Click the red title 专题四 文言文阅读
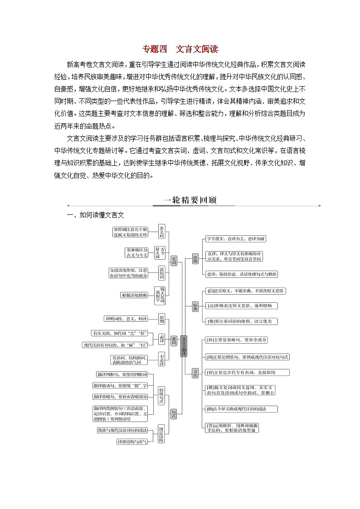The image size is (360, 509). [180, 49]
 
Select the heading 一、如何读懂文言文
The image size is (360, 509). [95, 215]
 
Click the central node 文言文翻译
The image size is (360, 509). [184, 347]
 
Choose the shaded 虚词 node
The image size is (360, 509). [174, 340]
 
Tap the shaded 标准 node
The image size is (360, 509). [195, 305]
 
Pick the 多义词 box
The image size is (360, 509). [162, 232]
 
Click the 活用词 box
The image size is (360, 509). [162, 273]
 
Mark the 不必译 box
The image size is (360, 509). [162, 359]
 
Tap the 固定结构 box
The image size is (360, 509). [161, 434]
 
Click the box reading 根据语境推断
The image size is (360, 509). [134, 295]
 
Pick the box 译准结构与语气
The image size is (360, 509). [132, 441]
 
